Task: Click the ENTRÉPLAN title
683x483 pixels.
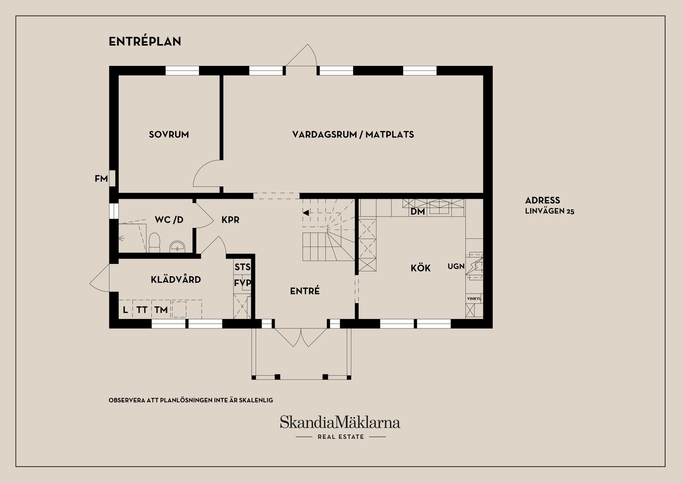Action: [x=145, y=42]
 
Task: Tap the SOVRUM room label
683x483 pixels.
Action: [x=169, y=134]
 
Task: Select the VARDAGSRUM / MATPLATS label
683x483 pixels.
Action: [x=353, y=134]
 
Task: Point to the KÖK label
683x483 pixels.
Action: [x=420, y=268]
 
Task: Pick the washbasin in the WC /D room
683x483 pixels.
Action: [x=177, y=246]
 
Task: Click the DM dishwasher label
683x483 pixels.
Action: [x=418, y=212]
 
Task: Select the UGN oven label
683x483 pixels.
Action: [x=456, y=266]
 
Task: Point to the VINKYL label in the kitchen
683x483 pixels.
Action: [x=474, y=299]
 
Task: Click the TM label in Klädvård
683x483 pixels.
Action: [x=161, y=310]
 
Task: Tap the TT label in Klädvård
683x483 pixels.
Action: [x=142, y=310]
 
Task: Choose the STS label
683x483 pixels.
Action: [x=242, y=267]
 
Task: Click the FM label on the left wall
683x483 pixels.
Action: [x=101, y=179]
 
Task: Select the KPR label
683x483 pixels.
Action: [x=230, y=220]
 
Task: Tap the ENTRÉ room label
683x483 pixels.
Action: [x=305, y=291]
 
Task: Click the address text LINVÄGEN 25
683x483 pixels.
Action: [x=550, y=211]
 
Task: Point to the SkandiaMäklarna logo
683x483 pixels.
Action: [x=340, y=422]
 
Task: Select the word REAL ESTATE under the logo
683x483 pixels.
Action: [x=341, y=437]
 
